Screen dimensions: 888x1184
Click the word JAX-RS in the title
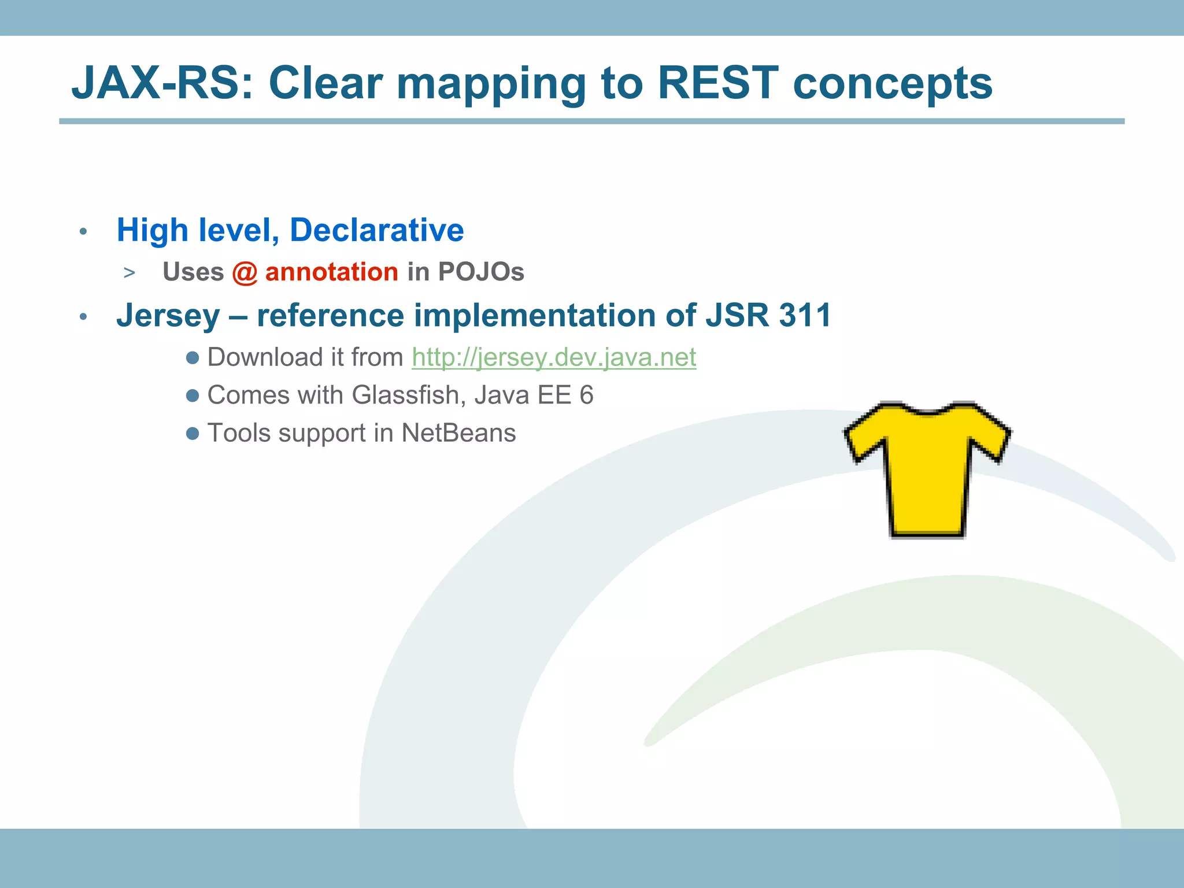point(162,83)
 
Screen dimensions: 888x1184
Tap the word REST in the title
point(717,83)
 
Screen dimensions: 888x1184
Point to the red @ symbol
point(245,272)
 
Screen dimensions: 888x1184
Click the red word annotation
point(331,272)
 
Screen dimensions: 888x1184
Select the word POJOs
point(480,272)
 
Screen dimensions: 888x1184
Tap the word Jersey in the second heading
point(168,316)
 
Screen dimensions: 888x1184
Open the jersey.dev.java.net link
point(553,357)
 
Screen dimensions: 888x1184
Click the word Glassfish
point(405,395)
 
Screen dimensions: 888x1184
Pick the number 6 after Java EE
point(586,395)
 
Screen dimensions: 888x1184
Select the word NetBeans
point(458,433)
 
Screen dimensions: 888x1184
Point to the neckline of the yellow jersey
point(927,412)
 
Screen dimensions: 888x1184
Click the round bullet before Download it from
point(193,358)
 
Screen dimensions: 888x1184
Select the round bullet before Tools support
point(193,433)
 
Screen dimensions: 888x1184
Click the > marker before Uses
point(129,273)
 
